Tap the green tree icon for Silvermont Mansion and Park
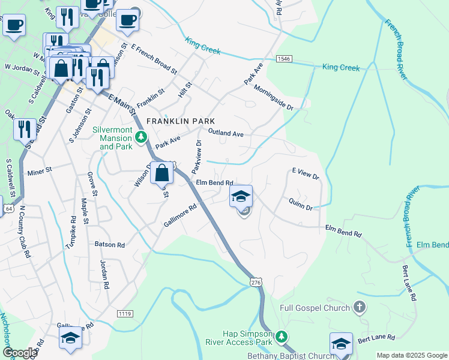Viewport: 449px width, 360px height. pyautogui.click(x=141, y=137)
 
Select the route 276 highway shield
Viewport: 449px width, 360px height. pyautogui.click(x=256, y=283)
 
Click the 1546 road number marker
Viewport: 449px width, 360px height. pyautogui.click(x=284, y=59)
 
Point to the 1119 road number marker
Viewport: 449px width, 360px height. pyautogui.click(x=125, y=313)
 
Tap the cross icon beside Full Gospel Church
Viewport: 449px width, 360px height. pyautogui.click(x=360, y=308)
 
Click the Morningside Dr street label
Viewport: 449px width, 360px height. pyautogui.click(x=273, y=98)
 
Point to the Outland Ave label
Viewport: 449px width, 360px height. pyautogui.click(x=226, y=133)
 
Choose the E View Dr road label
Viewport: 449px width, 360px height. pyautogui.click(x=306, y=173)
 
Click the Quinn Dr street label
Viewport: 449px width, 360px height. pyautogui.click(x=301, y=204)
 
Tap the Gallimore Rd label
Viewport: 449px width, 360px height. pyautogui.click(x=180, y=216)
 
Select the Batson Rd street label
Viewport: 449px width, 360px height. pyautogui.click(x=109, y=245)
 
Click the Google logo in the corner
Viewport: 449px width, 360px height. pyautogui.click(x=20, y=352)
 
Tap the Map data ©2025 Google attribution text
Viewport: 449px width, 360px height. pyautogui.click(x=411, y=355)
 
